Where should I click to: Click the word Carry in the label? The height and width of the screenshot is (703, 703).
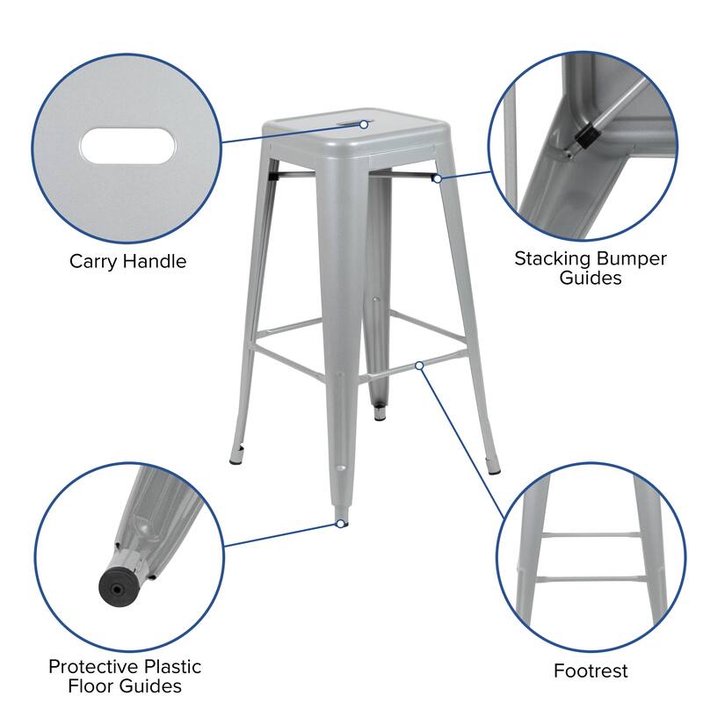pos(94,262)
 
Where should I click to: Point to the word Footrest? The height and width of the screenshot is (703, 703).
pos(591,671)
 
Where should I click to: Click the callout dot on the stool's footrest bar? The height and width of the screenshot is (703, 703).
pos(420,365)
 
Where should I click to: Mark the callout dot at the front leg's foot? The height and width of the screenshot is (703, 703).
pos(339,524)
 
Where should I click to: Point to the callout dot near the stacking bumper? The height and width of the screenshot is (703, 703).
pos(437,178)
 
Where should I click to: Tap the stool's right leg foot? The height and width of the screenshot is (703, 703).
pos(491,460)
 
